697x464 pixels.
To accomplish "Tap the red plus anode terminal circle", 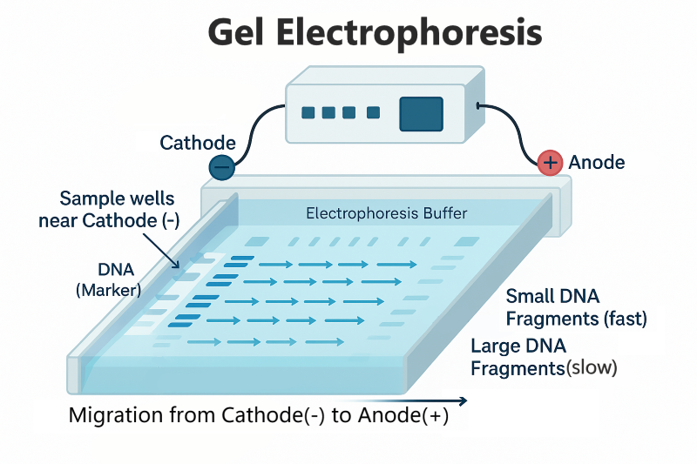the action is [x=550, y=162].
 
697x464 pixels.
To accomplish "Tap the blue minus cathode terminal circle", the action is [x=222, y=166].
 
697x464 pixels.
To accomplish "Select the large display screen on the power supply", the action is [x=421, y=114].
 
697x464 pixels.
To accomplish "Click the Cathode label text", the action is [x=198, y=143].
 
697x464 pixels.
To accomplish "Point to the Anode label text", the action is [x=596, y=163].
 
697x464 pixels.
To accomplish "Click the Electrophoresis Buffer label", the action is [x=387, y=213].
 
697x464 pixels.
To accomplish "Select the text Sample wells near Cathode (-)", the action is [x=109, y=210].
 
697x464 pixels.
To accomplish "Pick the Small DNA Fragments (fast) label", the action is [x=576, y=307].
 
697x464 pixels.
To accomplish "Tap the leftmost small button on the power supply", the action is [x=308, y=112].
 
